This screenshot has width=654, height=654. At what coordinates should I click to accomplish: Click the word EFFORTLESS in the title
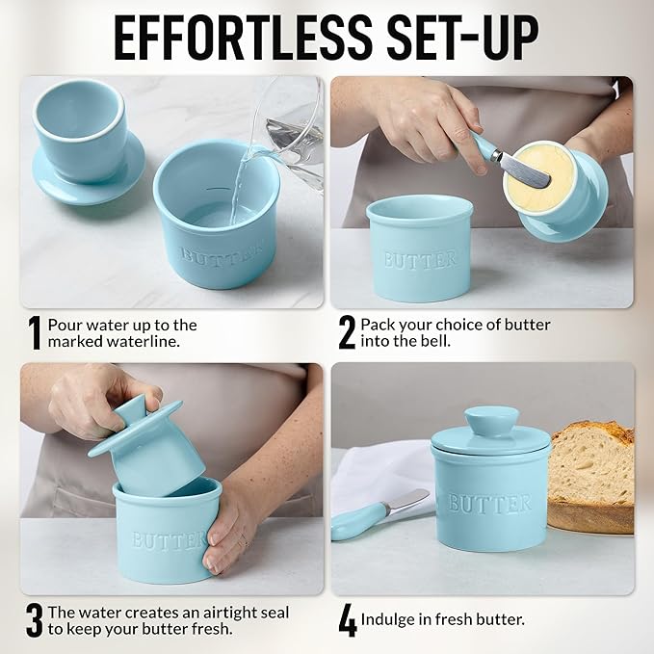click(244, 39)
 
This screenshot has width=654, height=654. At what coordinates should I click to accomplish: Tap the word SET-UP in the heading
click(463, 39)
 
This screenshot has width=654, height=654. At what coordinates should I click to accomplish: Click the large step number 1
click(35, 333)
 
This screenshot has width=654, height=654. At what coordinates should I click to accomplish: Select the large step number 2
click(347, 332)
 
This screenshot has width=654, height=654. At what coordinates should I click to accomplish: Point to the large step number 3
click(35, 620)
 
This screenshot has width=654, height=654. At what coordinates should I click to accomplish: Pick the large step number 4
click(348, 621)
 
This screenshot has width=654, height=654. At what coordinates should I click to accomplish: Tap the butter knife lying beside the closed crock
click(379, 514)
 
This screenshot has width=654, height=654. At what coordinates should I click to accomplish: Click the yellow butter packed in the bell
click(537, 176)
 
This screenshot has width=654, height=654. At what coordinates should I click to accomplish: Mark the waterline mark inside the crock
click(217, 189)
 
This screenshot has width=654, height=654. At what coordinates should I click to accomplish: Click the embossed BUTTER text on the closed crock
click(489, 504)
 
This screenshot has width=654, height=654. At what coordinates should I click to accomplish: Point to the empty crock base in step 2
click(418, 249)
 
